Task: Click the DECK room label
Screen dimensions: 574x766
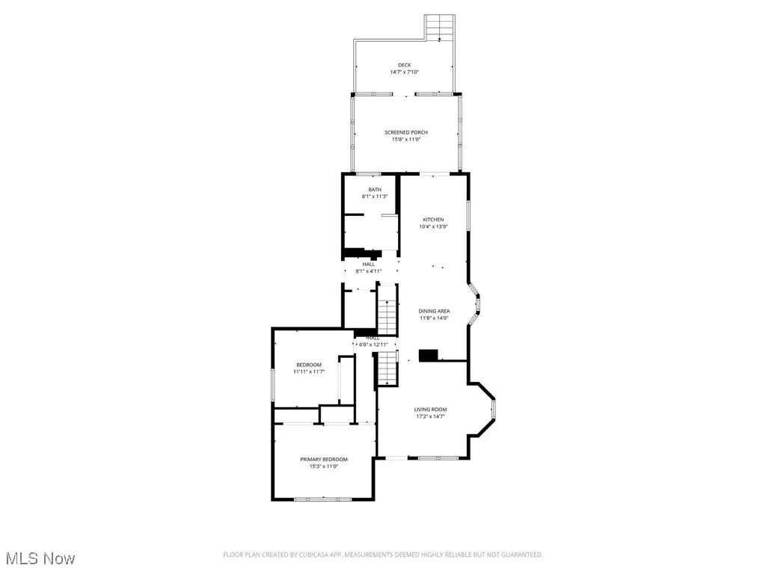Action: pos(405,65)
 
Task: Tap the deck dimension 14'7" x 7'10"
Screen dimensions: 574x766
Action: pos(405,72)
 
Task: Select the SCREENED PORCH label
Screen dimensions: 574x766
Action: pos(406,132)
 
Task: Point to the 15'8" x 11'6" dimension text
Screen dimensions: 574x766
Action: pos(406,139)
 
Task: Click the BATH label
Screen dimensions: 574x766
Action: pos(375,190)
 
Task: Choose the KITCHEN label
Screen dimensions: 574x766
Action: pos(433,220)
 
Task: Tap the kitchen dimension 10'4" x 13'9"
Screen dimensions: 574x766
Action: pos(433,226)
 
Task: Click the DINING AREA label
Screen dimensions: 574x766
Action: pos(434,311)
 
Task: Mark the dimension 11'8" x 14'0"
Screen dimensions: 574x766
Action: pos(434,318)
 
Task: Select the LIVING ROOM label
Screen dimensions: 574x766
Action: pos(431,410)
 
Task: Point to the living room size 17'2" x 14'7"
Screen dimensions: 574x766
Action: pos(431,416)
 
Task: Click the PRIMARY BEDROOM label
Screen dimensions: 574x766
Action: pos(324,459)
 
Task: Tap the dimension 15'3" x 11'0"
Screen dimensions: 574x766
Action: pos(324,466)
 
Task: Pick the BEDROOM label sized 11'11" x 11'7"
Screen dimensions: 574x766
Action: pos(308,365)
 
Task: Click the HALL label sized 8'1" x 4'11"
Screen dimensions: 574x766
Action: pos(369,264)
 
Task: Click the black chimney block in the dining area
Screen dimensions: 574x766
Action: pos(428,356)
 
